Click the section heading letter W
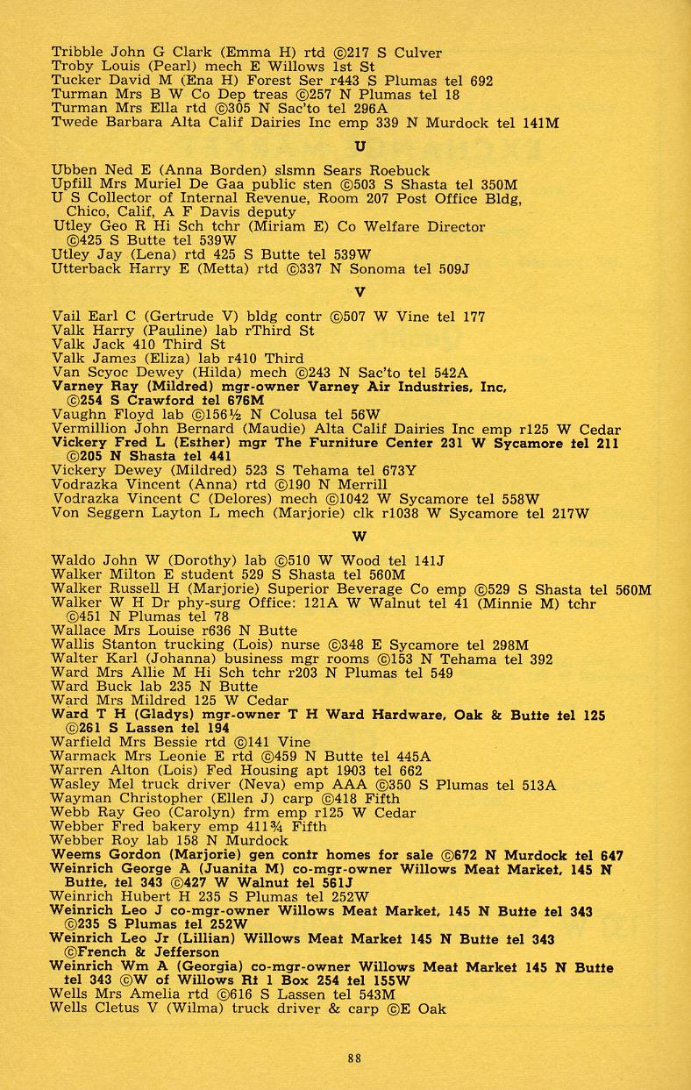click(x=360, y=536)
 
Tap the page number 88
click(x=353, y=1058)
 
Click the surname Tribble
click(x=74, y=53)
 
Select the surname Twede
click(x=72, y=123)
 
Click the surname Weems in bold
click(x=75, y=854)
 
